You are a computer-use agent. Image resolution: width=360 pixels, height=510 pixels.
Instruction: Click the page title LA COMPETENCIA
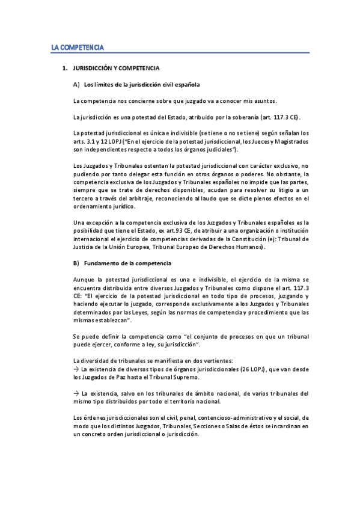pos(78,46)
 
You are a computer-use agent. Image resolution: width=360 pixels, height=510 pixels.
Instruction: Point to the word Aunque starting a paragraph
pos(84,280)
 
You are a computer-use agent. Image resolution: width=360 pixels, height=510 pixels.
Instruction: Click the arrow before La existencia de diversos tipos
pos(75,369)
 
